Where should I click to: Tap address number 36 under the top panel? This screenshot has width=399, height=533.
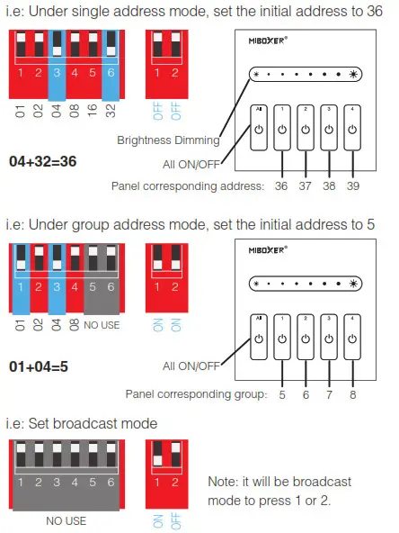pyautogui.click(x=283, y=185)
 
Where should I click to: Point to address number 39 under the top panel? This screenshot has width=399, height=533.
pyautogui.click(x=352, y=185)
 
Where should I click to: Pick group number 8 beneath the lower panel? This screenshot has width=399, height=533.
pyautogui.click(x=352, y=394)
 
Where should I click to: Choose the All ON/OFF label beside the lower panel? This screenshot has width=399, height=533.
pyautogui.click(x=191, y=366)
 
